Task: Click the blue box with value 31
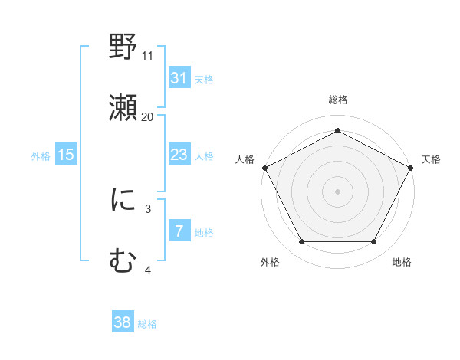click(x=179, y=78)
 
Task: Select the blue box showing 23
click(x=179, y=155)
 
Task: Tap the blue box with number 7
click(x=179, y=231)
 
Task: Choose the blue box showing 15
click(x=66, y=155)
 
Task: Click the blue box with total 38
click(x=122, y=322)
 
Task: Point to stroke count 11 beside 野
click(x=148, y=55)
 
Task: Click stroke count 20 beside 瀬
click(x=148, y=116)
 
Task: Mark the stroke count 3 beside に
click(x=148, y=208)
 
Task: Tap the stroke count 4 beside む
click(x=148, y=270)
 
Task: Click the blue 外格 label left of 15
click(x=41, y=155)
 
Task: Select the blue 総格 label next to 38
click(x=147, y=324)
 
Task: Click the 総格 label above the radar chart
click(x=337, y=100)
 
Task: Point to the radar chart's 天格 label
click(x=431, y=159)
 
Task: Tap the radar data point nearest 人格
click(x=264, y=167)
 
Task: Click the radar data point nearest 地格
click(x=374, y=242)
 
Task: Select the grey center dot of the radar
click(x=337, y=191)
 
